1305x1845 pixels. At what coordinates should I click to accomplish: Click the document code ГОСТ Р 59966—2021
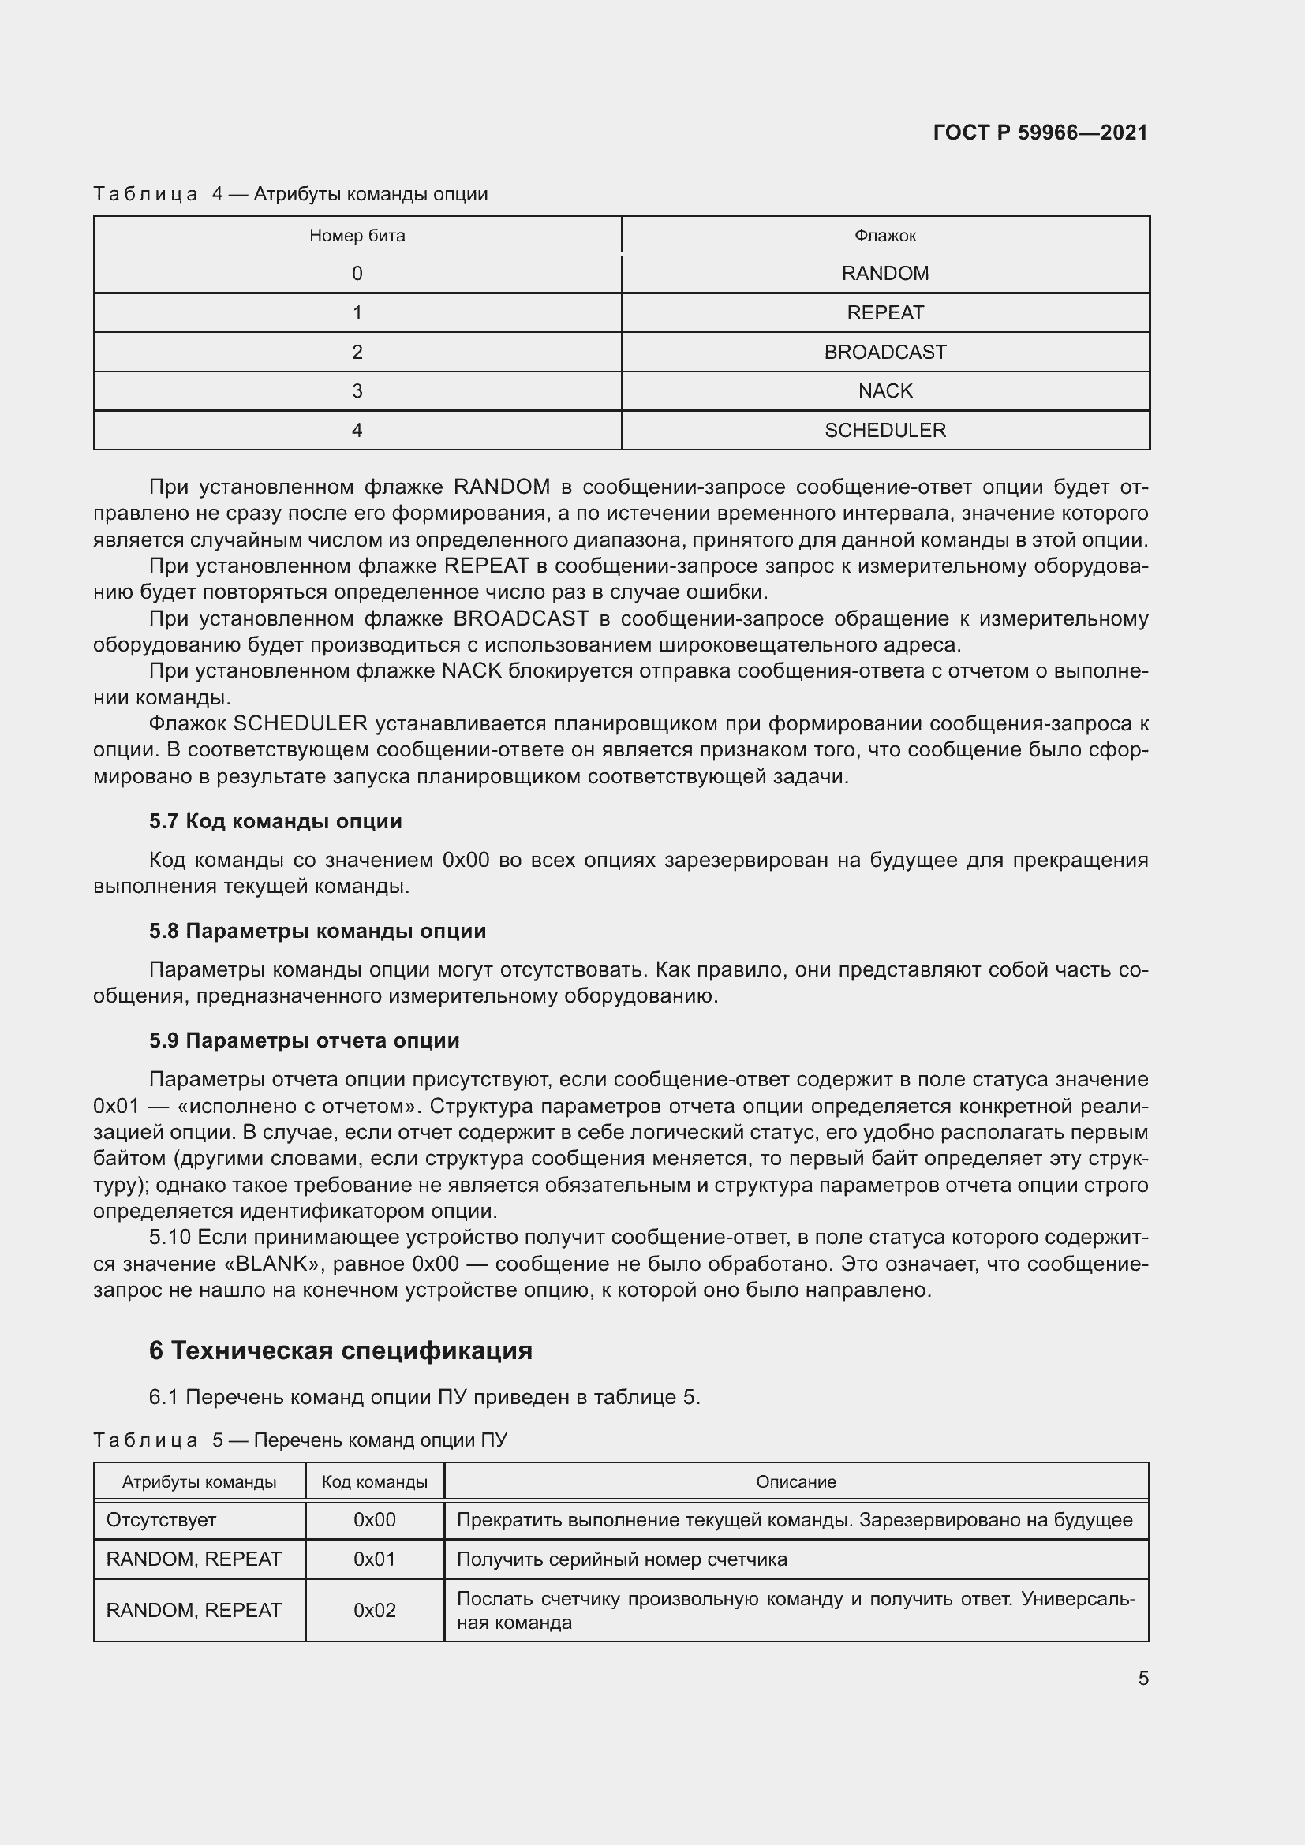(1040, 133)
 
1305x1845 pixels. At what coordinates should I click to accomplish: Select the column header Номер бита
(357, 235)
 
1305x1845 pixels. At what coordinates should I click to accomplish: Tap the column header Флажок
(884, 235)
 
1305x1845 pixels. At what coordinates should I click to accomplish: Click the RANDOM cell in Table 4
(884, 273)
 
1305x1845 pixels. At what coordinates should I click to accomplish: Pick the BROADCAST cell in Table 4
(884, 352)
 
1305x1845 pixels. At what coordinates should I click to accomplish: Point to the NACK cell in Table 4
(884, 390)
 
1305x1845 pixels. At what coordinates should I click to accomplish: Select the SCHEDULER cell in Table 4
(884, 430)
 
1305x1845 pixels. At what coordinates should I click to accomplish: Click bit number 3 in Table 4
(357, 390)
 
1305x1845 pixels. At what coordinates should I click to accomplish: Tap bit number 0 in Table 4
(357, 273)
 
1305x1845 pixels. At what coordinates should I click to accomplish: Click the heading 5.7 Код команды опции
(275, 821)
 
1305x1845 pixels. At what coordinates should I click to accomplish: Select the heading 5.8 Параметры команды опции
(317, 931)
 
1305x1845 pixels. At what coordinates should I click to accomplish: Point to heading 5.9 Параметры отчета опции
(304, 1040)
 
